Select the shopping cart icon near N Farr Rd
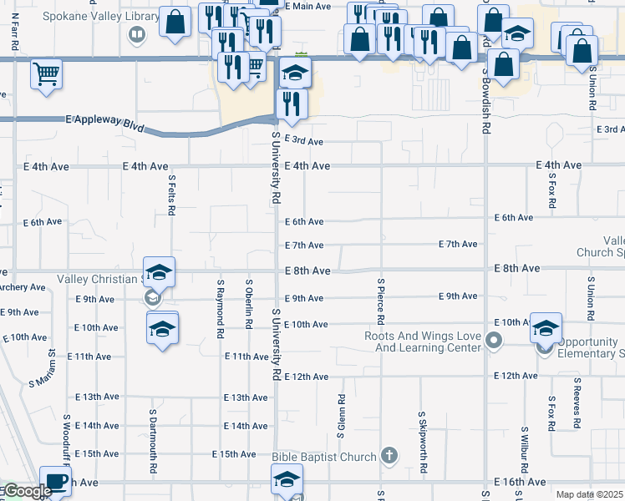pyautogui.click(x=47, y=74)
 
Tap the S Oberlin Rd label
pyautogui.click(x=248, y=302)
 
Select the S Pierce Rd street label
pyautogui.click(x=381, y=301)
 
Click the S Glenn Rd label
pyautogui.click(x=341, y=417)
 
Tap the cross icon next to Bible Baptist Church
pyautogui.click(x=388, y=456)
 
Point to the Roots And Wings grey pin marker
pyautogui.click(x=494, y=340)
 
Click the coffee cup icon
pyautogui.click(x=57, y=482)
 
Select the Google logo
pyautogui.click(x=27, y=492)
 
